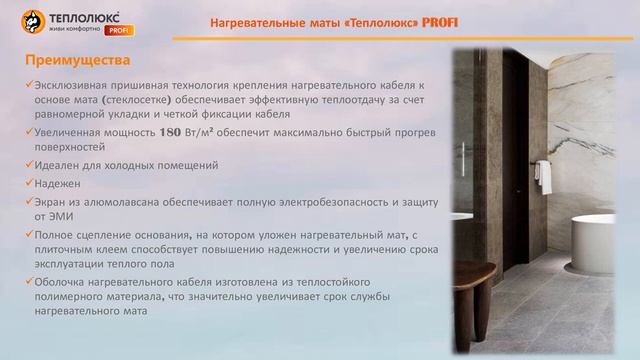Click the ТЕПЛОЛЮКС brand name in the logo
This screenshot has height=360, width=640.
[84, 16]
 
